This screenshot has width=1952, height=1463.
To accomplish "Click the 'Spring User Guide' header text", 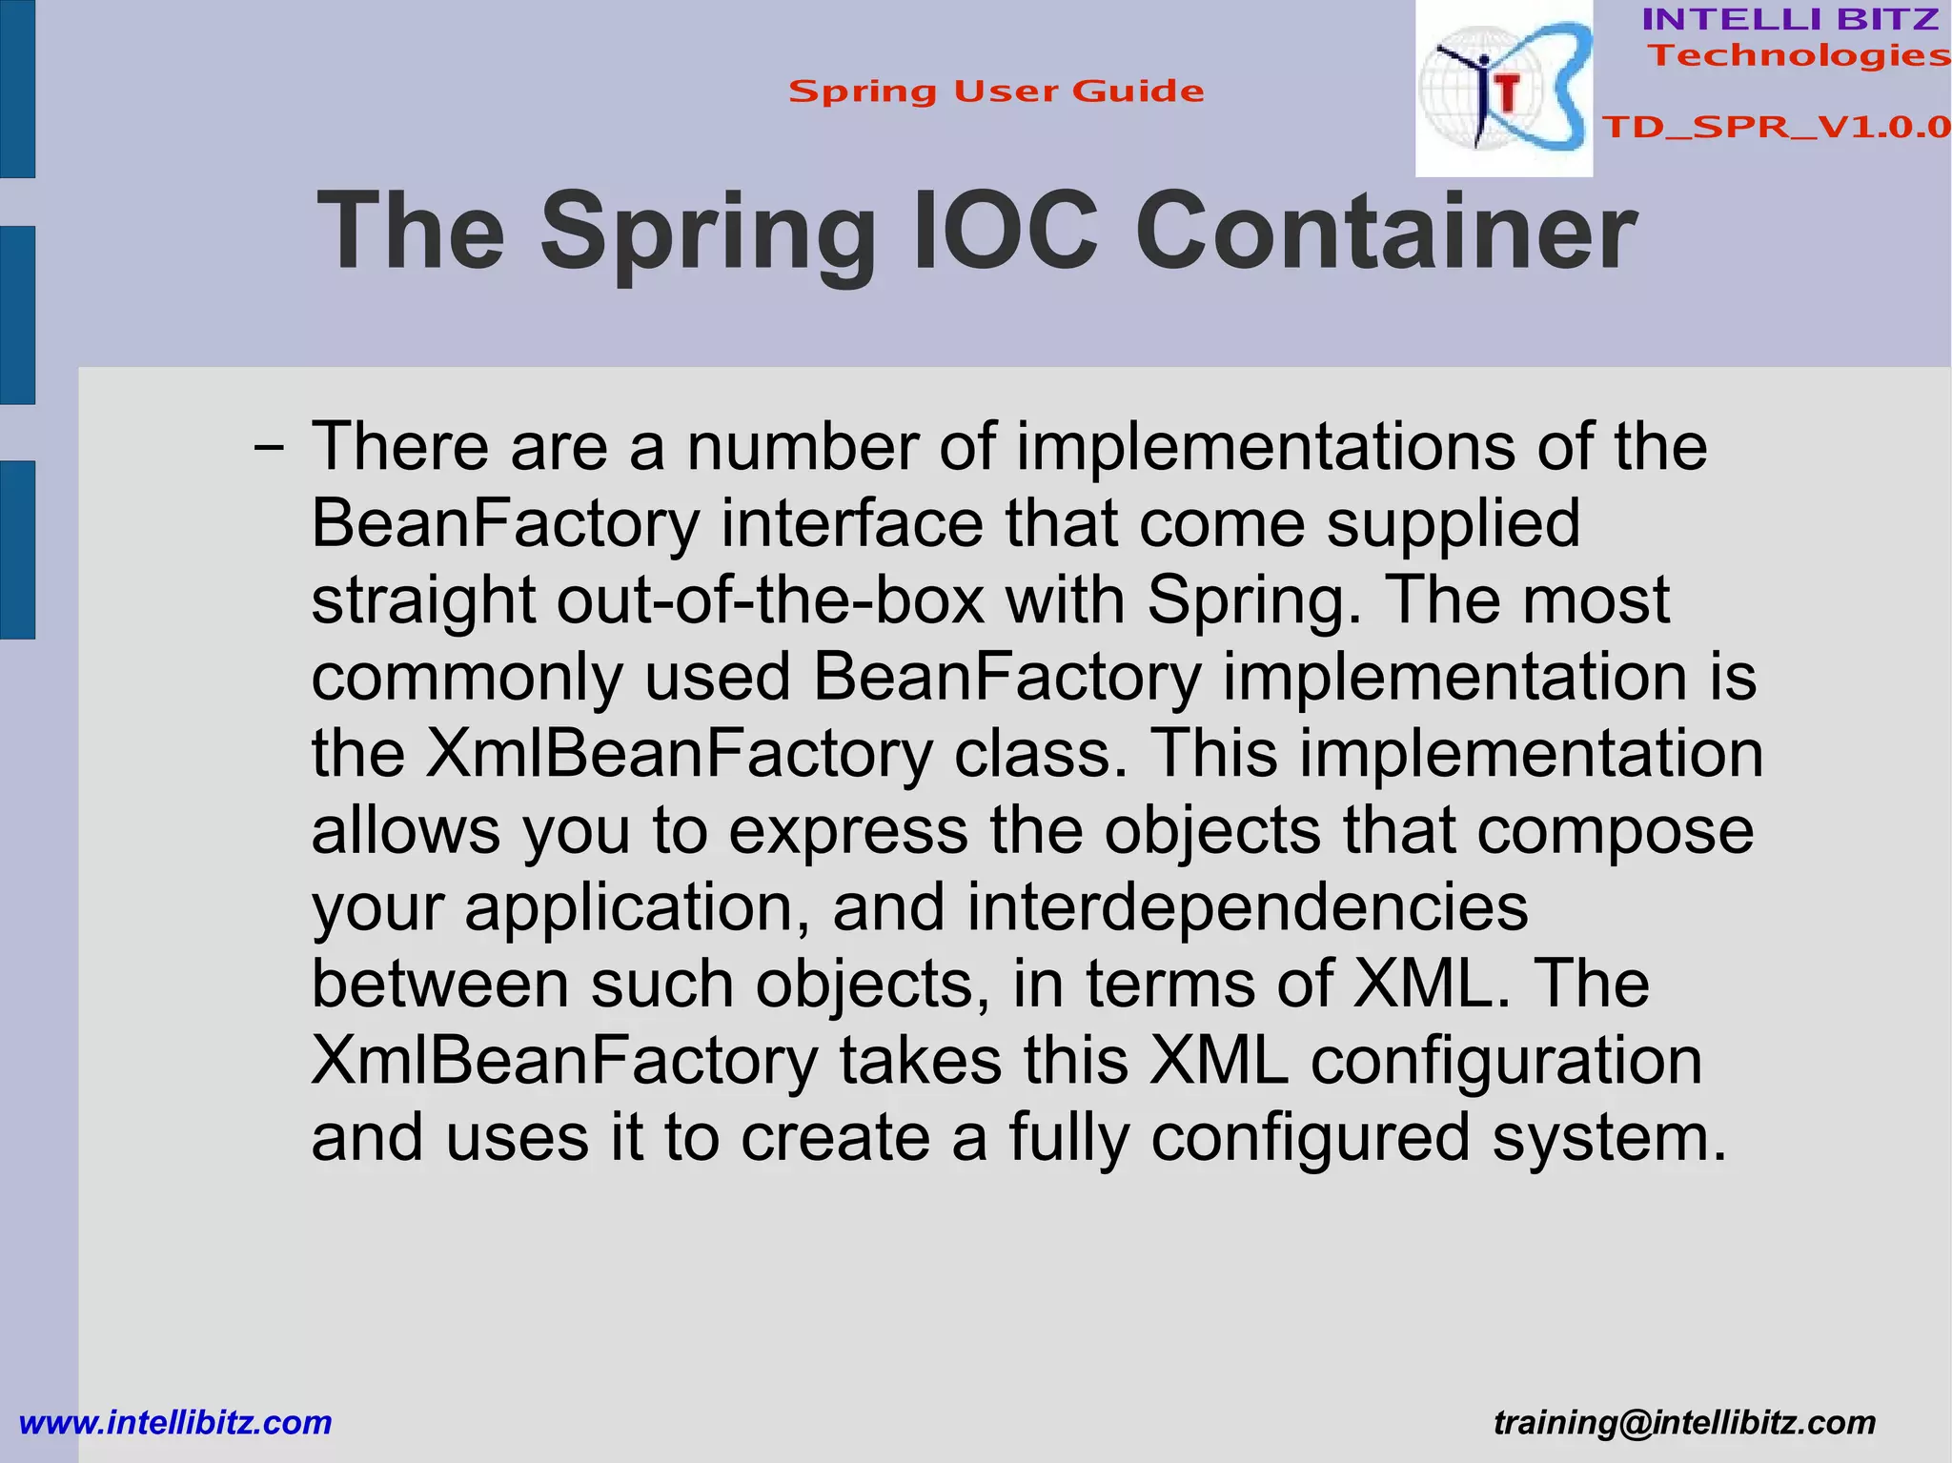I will coord(996,91).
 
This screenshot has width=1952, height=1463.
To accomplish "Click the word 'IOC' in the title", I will coord(1005,232).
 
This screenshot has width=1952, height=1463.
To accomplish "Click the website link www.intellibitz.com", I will coord(175,1422).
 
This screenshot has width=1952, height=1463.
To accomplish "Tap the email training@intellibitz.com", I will coord(1684,1422).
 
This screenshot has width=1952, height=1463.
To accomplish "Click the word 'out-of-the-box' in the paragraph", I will coord(770,600).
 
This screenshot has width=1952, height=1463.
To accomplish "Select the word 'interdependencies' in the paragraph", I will coord(1247,907).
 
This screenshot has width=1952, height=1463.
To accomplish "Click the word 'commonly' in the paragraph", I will coord(467,678).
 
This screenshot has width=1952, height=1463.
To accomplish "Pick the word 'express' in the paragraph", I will coord(848,831).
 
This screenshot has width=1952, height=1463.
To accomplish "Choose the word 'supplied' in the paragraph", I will coord(1454,524).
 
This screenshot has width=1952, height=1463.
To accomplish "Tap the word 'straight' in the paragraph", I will coord(423,600).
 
